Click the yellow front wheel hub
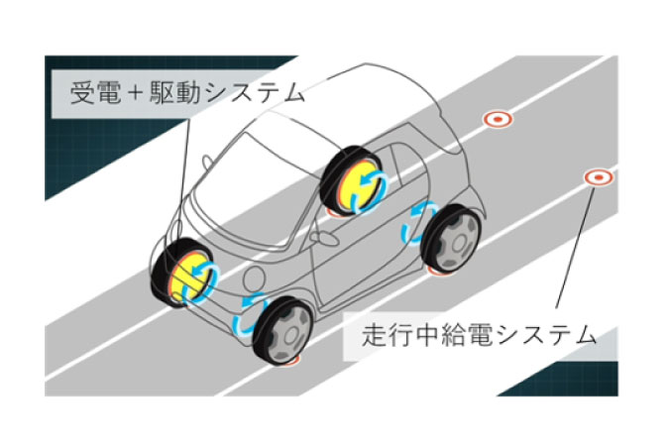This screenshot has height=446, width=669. (x=190, y=277)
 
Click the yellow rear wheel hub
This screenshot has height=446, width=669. (x=361, y=185)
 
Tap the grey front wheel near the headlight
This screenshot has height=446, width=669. (x=283, y=331)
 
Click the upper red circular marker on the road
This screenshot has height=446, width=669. (x=498, y=119)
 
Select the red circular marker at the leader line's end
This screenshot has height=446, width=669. (x=599, y=177)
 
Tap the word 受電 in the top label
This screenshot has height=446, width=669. (x=95, y=92)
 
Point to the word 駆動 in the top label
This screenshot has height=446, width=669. (x=174, y=92)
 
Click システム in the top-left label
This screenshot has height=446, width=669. (x=255, y=92)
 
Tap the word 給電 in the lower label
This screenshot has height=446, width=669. (x=465, y=335)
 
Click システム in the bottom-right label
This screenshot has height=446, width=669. (x=545, y=335)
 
